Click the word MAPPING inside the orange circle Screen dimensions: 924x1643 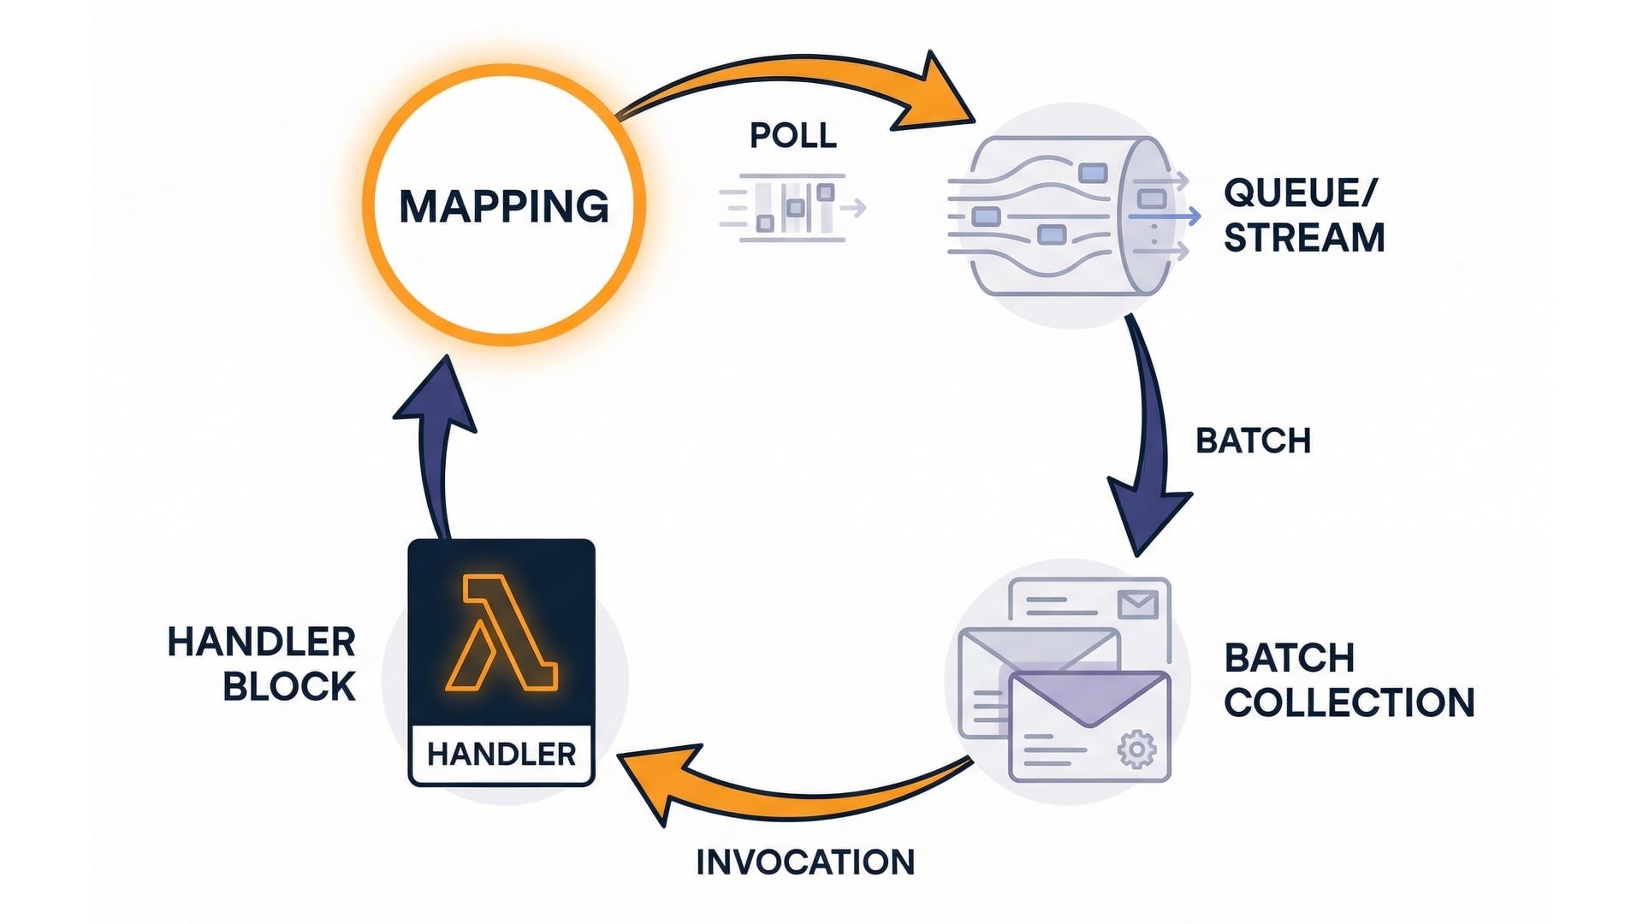coord(504,206)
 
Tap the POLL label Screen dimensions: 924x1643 coord(792,135)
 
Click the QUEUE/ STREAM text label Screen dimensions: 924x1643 coord(1302,216)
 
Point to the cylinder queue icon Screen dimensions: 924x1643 coord(1061,216)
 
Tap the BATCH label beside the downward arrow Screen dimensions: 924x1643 coord(1253,441)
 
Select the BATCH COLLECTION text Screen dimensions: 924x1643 coord(1348,680)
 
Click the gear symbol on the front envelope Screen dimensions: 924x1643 coord(1136,750)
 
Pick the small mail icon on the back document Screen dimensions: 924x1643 coord(1137,605)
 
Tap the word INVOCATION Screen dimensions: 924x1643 coord(805,862)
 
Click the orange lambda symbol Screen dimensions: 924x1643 coord(501,633)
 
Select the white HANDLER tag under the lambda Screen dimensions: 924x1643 coord(501,754)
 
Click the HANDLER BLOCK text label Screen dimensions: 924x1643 coord(262,664)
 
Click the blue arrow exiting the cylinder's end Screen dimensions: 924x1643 coord(1166,217)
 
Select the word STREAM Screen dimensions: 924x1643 coord(1303,238)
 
